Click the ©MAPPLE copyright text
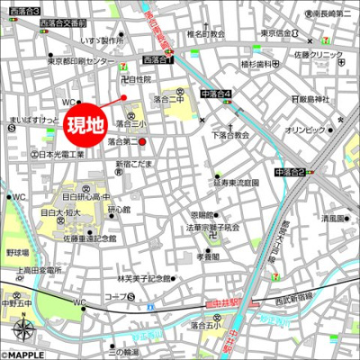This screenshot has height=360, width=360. (x=22, y=354)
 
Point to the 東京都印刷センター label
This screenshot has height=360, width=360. (x=84, y=62)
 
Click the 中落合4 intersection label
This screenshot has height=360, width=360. (x=216, y=94)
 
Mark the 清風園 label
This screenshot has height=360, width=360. (x=333, y=218)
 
